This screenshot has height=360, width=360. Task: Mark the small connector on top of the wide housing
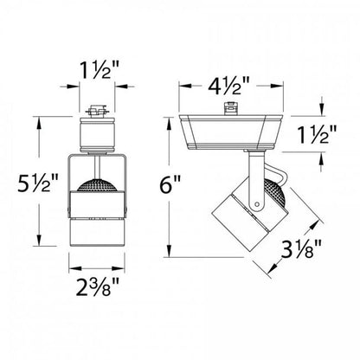pyautogui.click(x=231, y=110)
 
